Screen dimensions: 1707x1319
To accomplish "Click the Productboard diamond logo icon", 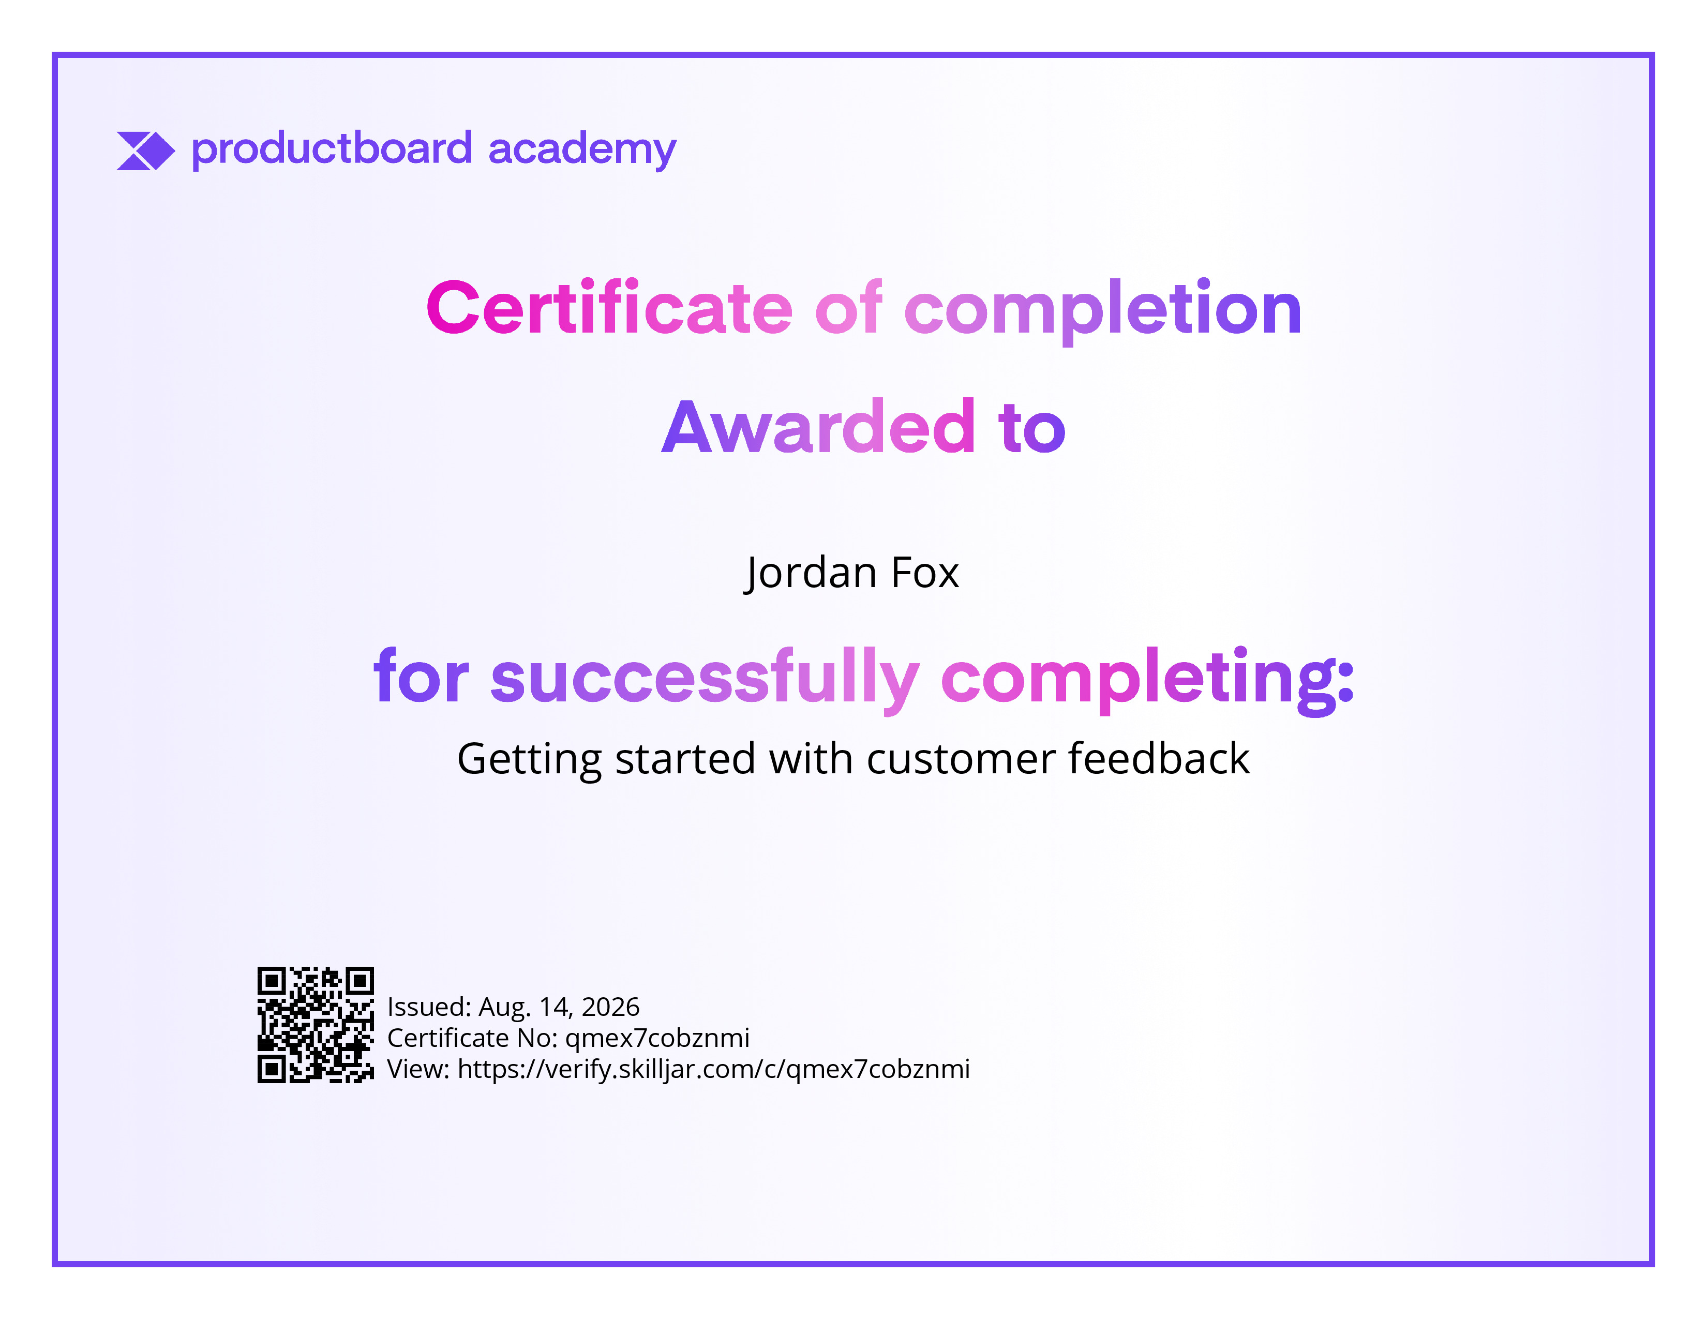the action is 145,151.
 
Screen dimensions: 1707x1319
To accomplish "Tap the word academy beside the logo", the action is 582,150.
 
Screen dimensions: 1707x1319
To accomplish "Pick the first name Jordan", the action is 811,573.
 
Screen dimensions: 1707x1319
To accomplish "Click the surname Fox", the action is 925,573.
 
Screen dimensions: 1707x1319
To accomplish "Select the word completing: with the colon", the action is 1147,678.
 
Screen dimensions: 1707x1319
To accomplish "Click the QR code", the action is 316,1024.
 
